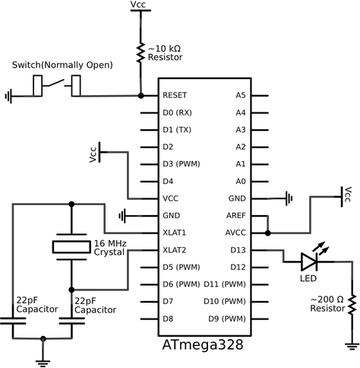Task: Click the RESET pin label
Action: tap(175, 96)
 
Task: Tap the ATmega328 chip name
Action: tap(203, 344)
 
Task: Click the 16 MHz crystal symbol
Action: tap(71, 246)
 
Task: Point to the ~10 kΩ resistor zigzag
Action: tap(141, 53)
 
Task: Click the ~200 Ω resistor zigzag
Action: tap(352, 303)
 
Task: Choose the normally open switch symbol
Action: tap(58, 86)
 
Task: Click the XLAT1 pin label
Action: tap(175, 232)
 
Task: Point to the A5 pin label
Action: tap(240, 96)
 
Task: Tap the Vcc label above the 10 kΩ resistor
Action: tap(139, 5)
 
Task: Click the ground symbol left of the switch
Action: tap(9, 96)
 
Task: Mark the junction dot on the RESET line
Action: tap(141, 96)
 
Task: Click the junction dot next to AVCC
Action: tap(268, 233)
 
